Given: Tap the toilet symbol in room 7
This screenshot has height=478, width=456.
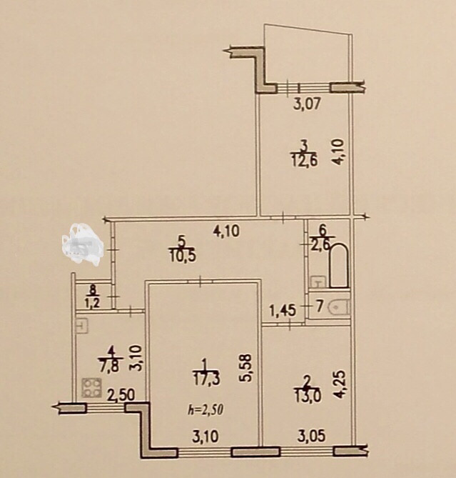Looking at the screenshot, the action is [341, 307].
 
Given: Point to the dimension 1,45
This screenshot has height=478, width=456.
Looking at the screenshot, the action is [283, 311].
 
